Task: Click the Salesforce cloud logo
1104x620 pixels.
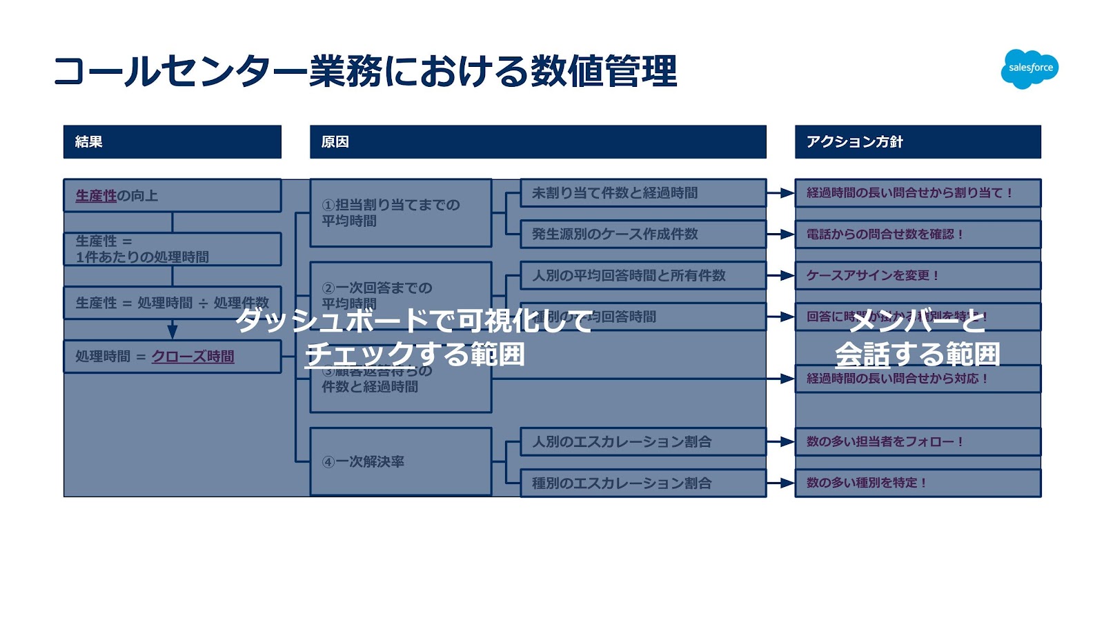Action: [x=1029, y=68]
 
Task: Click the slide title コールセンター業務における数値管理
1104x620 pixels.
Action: [x=365, y=72]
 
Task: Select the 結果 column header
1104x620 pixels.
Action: [x=172, y=142]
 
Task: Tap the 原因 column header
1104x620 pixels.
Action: [x=538, y=142]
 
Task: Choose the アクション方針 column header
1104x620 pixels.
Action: [x=917, y=142]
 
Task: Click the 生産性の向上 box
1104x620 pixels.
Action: [x=172, y=196]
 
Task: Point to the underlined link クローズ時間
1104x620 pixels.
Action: [x=193, y=357]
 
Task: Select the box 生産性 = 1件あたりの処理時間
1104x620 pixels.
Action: [x=172, y=249]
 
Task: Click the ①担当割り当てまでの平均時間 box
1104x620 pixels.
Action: [x=400, y=213]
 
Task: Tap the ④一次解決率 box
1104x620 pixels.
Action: [x=400, y=461]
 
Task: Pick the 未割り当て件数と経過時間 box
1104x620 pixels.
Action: [x=642, y=193]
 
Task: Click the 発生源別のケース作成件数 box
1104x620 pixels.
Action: [x=642, y=234]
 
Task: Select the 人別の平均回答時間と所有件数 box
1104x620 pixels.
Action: [x=642, y=276]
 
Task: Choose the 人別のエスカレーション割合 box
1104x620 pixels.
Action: [x=642, y=442]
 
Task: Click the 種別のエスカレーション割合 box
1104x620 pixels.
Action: [x=642, y=483]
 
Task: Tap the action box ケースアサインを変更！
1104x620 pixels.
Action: [x=917, y=276]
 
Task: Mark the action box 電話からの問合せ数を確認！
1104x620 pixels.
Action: [x=917, y=234]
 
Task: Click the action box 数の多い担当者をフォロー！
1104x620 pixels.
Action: [x=917, y=442]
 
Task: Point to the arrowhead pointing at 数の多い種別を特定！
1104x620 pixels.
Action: [x=787, y=483]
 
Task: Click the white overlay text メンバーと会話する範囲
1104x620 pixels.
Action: [x=917, y=338]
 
